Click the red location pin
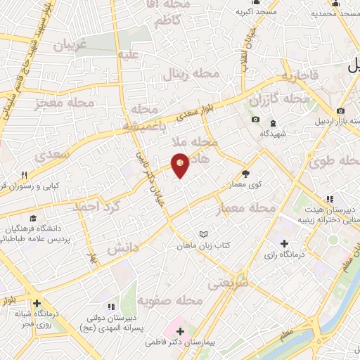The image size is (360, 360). pos(180,165)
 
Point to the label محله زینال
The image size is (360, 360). pos(187,73)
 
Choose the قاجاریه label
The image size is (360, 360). pos(300,75)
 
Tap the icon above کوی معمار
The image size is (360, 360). pos(245,174)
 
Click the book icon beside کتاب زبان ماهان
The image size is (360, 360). pos(204,233)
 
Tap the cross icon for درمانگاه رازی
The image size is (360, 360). pos(284,244)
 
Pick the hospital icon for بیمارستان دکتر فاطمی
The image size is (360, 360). pos(181,331)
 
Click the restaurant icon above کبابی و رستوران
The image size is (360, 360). pos(24,176)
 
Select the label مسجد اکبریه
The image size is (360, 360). pos(256,12)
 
